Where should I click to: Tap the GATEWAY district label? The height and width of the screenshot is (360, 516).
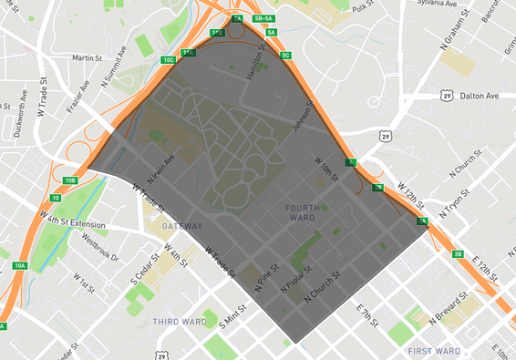182,224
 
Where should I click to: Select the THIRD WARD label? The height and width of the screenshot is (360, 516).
179,322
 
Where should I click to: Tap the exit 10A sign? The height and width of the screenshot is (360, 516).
20,265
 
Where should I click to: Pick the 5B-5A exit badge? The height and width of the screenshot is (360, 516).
264,17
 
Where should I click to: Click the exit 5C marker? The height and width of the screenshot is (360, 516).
285,56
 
